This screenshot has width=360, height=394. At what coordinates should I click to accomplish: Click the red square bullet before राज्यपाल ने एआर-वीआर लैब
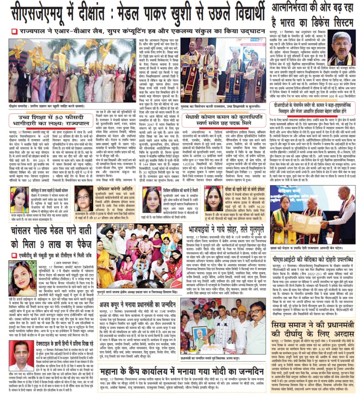coord(14,31)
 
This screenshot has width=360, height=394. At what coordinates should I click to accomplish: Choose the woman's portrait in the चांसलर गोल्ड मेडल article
coord(22,278)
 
